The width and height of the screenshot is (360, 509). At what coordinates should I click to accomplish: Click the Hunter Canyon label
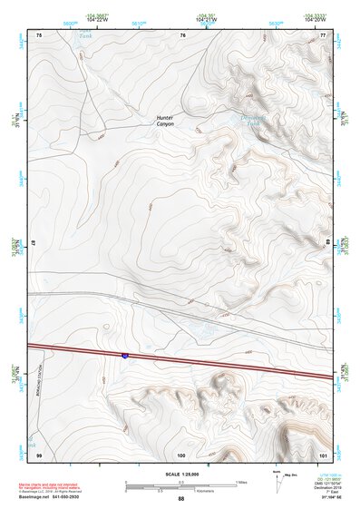165,119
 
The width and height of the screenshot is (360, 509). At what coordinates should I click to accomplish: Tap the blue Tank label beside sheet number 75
85,36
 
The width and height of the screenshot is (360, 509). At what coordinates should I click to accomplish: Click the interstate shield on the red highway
125,357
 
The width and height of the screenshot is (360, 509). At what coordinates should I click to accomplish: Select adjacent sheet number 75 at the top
39,34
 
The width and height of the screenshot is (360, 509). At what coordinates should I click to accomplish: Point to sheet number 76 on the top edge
182,34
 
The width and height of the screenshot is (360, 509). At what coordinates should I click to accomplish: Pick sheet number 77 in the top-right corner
324,34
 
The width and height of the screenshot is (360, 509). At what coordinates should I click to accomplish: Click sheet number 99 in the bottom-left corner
39,453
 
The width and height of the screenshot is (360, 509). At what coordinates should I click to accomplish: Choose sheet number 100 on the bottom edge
181,453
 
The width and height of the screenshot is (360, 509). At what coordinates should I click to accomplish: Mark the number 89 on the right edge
327,244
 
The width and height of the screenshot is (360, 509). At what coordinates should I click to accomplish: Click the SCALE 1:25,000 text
180,475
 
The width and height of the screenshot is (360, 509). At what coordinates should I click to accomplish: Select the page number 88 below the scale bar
180,499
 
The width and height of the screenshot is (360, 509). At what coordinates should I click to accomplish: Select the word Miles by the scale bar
241,481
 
